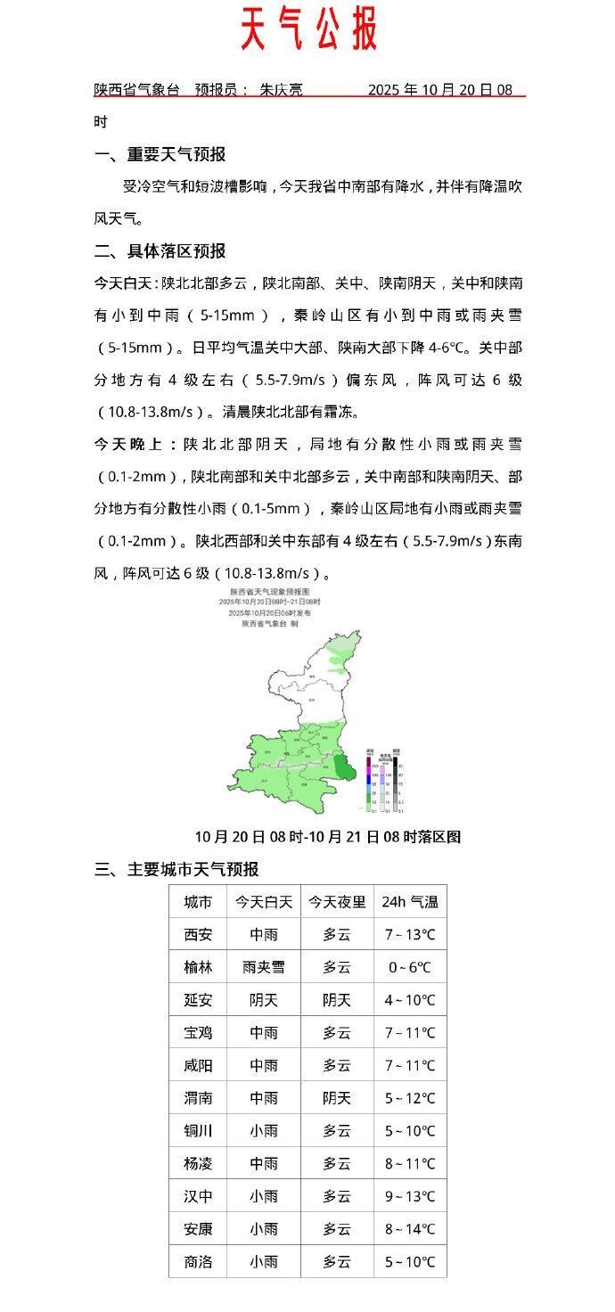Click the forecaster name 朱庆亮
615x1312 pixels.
281,90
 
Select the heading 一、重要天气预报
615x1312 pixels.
160,154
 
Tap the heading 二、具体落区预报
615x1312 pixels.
160,250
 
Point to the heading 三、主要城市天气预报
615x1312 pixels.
176,869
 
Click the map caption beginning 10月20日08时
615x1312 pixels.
327,837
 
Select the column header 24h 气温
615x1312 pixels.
410,902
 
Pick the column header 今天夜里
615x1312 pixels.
337,902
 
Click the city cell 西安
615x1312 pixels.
198,935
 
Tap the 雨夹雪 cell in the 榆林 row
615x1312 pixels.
264,967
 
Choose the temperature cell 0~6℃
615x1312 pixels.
410,967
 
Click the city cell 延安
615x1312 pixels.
198,1000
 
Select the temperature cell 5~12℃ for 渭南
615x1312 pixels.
410,1098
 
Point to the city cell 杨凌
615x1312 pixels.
198,1163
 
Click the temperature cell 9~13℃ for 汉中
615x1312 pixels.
410,1196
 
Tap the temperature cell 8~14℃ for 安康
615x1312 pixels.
410,1229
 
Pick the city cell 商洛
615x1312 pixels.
198,1261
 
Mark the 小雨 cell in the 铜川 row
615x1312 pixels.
264,1131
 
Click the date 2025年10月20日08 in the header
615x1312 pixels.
440,90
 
